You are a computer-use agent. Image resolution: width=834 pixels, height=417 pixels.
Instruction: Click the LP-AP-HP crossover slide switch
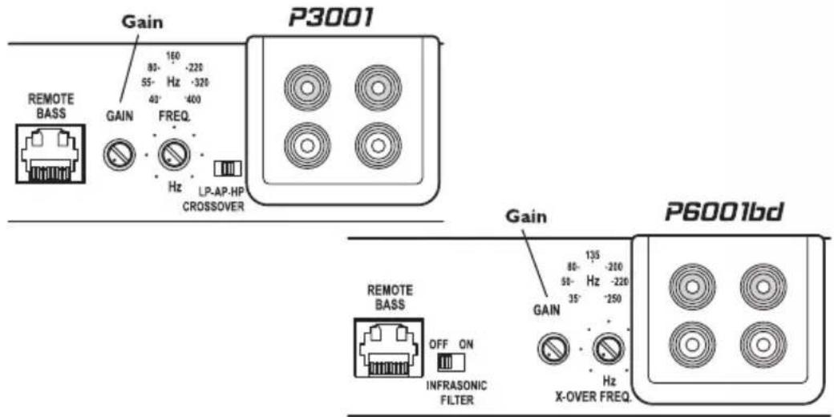tap(229, 168)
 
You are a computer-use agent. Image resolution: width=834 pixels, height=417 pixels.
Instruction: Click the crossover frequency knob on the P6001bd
tap(607, 348)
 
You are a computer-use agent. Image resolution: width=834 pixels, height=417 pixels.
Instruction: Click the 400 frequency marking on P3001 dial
tap(195, 99)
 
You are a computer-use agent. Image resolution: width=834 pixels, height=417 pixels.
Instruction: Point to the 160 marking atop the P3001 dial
tap(172, 55)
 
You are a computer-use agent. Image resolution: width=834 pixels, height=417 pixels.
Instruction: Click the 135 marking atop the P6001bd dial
tap(593, 254)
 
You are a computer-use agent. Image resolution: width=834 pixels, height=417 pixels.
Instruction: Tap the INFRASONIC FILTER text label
tap(457, 390)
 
